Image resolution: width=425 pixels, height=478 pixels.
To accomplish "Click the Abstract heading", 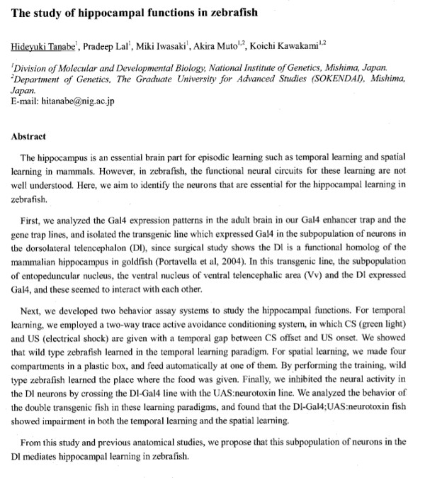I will (x=29, y=137).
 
